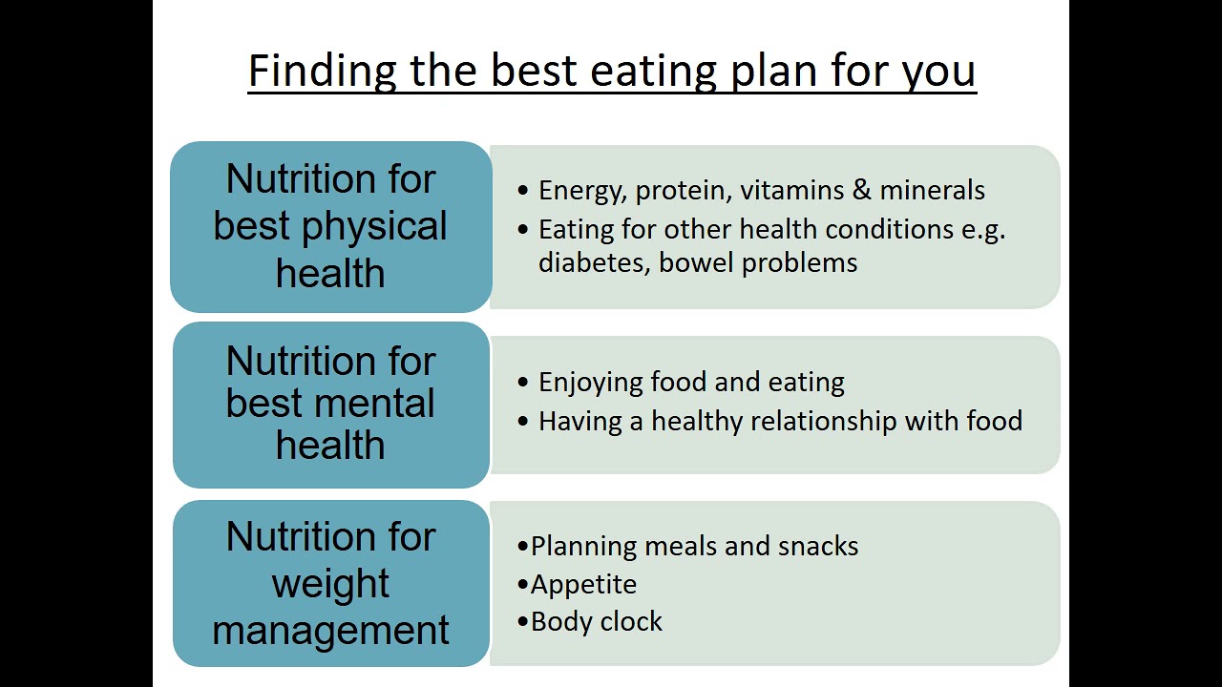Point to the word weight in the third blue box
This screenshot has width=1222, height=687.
coord(330,584)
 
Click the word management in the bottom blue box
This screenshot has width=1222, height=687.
coord(330,630)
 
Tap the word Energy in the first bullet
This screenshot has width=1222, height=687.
coord(579,191)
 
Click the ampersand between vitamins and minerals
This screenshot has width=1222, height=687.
coord(862,190)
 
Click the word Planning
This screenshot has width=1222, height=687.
coord(583,547)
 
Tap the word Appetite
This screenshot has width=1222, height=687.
coord(583,584)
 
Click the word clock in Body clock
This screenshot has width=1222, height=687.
coord(632,622)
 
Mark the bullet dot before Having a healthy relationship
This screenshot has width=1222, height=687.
coord(522,421)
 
